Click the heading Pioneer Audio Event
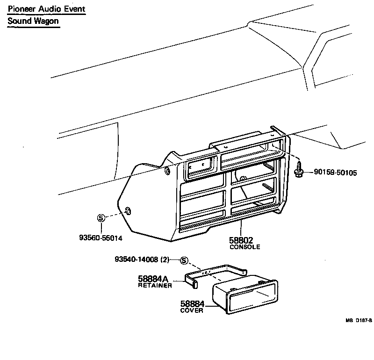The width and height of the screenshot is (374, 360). (x=46, y=9)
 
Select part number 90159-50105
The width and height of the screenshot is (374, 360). (x=335, y=173)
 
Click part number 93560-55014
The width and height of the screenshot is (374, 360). (x=101, y=238)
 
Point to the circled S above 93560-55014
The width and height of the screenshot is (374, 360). (x=100, y=217)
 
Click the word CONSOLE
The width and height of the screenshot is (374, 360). (x=245, y=247)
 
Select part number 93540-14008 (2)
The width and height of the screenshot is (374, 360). (x=142, y=259)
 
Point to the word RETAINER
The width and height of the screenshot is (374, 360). (x=155, y=285)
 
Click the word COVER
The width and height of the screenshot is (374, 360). (x=192, y=311)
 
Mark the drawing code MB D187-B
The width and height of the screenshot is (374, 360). (x=359, y=320)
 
